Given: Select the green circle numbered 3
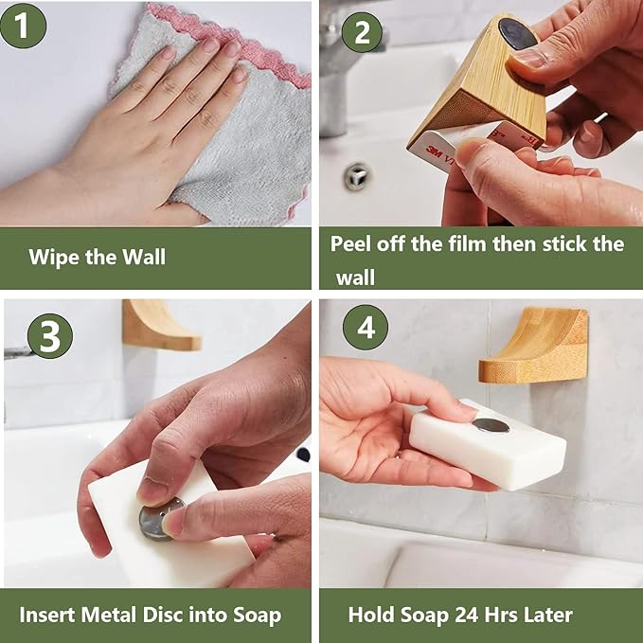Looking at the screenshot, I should [x=49, y=335].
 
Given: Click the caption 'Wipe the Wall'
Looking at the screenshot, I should [x=97, y=257].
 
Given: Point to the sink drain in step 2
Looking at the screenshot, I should [x=357, y=176].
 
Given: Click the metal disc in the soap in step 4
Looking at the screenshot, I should [x=491, y=425].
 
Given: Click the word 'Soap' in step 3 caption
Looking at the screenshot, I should [x=255, y=616].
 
